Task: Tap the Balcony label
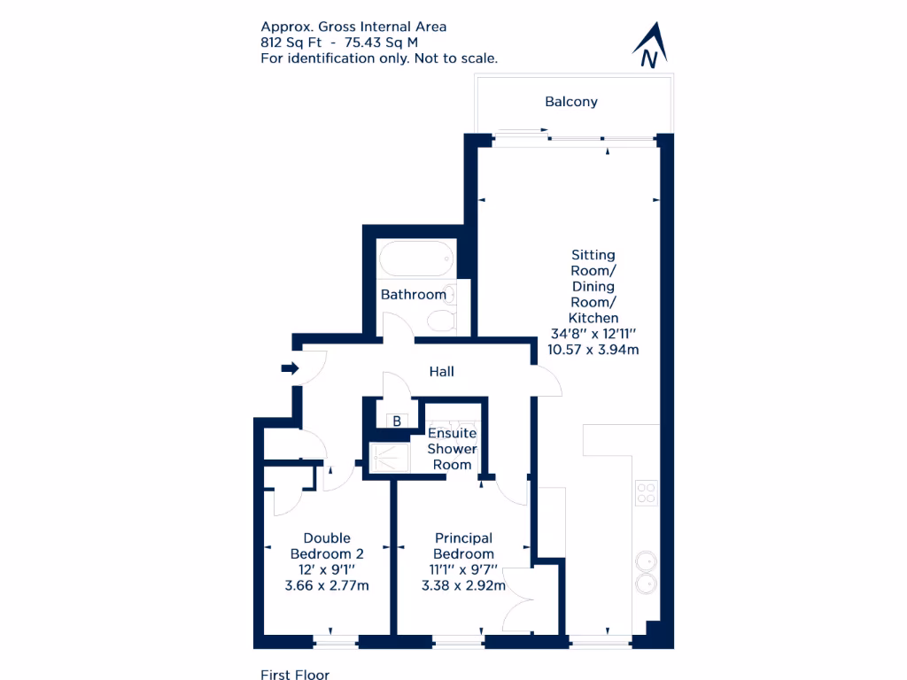pyautogui.click(x=571, y=102)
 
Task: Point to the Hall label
pyautogui.click(x=441, y=372)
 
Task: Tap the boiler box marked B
pyautogui.click(x=397, y=421)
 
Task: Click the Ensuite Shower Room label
pyautogui.click(x=452, y=449)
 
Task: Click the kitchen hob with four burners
pyautogui.click(x=646, y=493)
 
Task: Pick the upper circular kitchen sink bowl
pyautogui.click(x=646, y=560)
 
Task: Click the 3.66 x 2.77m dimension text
pyautogui.click(x=327, y=585)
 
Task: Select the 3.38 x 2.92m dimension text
pyautogui.click(x=463, y=585)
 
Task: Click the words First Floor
pyautogui.click(x=295, y=675)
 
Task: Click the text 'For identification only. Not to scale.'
pyautogui.click(x=379, y=58)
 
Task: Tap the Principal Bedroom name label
pyautogui.click(x=463, y=545)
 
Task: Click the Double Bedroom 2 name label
pyautogui.click(x=327, y=545)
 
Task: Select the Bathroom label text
pyautogui.click(x=413, y=295)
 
